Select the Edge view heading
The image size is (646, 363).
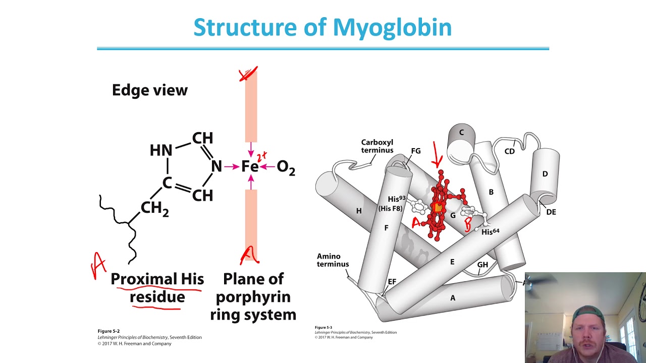coord(149,90)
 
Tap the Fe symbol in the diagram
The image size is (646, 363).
coord(250,167)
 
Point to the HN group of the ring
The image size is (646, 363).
coord(161,150)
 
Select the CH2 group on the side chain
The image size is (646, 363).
coord(154,208)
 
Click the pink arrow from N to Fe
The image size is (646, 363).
coord(232,166)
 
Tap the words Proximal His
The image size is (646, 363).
coord(157,279)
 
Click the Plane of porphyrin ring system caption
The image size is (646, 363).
coord(253,297)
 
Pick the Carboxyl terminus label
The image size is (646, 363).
coord(376,146)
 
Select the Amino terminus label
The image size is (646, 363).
coord(332,260)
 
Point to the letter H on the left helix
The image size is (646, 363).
coord(359,211)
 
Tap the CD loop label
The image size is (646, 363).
coord(510,151)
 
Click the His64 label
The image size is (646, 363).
coord(490,232)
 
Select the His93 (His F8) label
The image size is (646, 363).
coord(390,203)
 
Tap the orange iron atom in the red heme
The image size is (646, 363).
coord(438,207)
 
